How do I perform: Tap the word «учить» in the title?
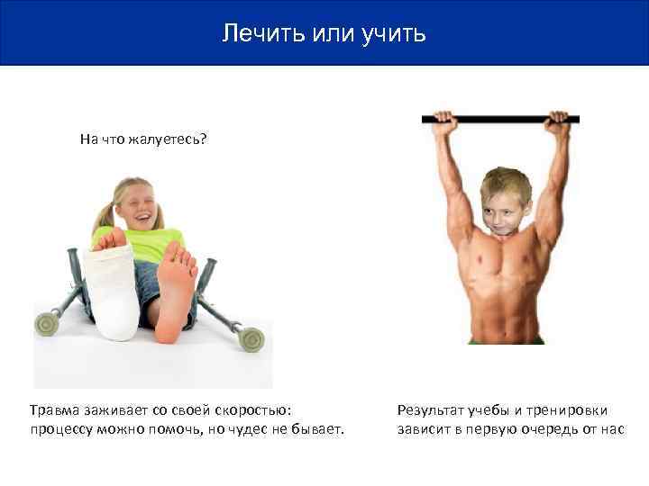pos(392,34)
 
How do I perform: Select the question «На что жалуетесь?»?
pos(143,139)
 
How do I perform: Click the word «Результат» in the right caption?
pos(429,409)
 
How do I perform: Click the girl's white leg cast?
pos(112,292)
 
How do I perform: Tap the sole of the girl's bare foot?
pos(176,288)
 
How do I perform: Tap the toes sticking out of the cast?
pos(108,239)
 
